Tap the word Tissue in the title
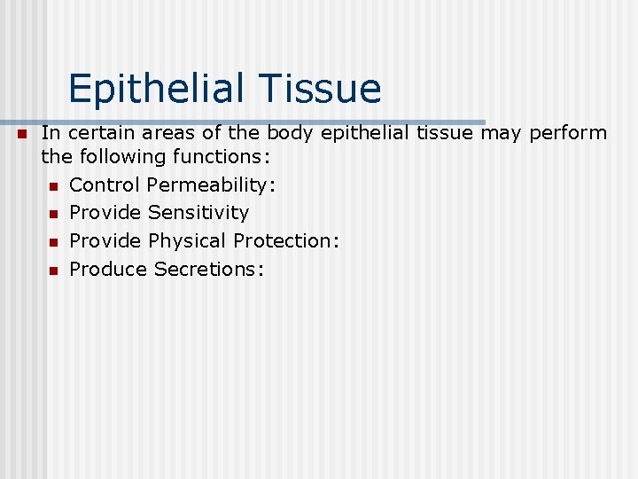tap(321, 90)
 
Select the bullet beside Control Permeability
tap(53, 185)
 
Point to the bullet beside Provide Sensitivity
tap(53, 214)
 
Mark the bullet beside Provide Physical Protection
tap(53, 242)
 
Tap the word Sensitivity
tap(198, 213)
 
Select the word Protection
tap(286, 241)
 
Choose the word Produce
tap(108, 270)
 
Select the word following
tap(115, 157)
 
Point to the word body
tap(295, 133)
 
